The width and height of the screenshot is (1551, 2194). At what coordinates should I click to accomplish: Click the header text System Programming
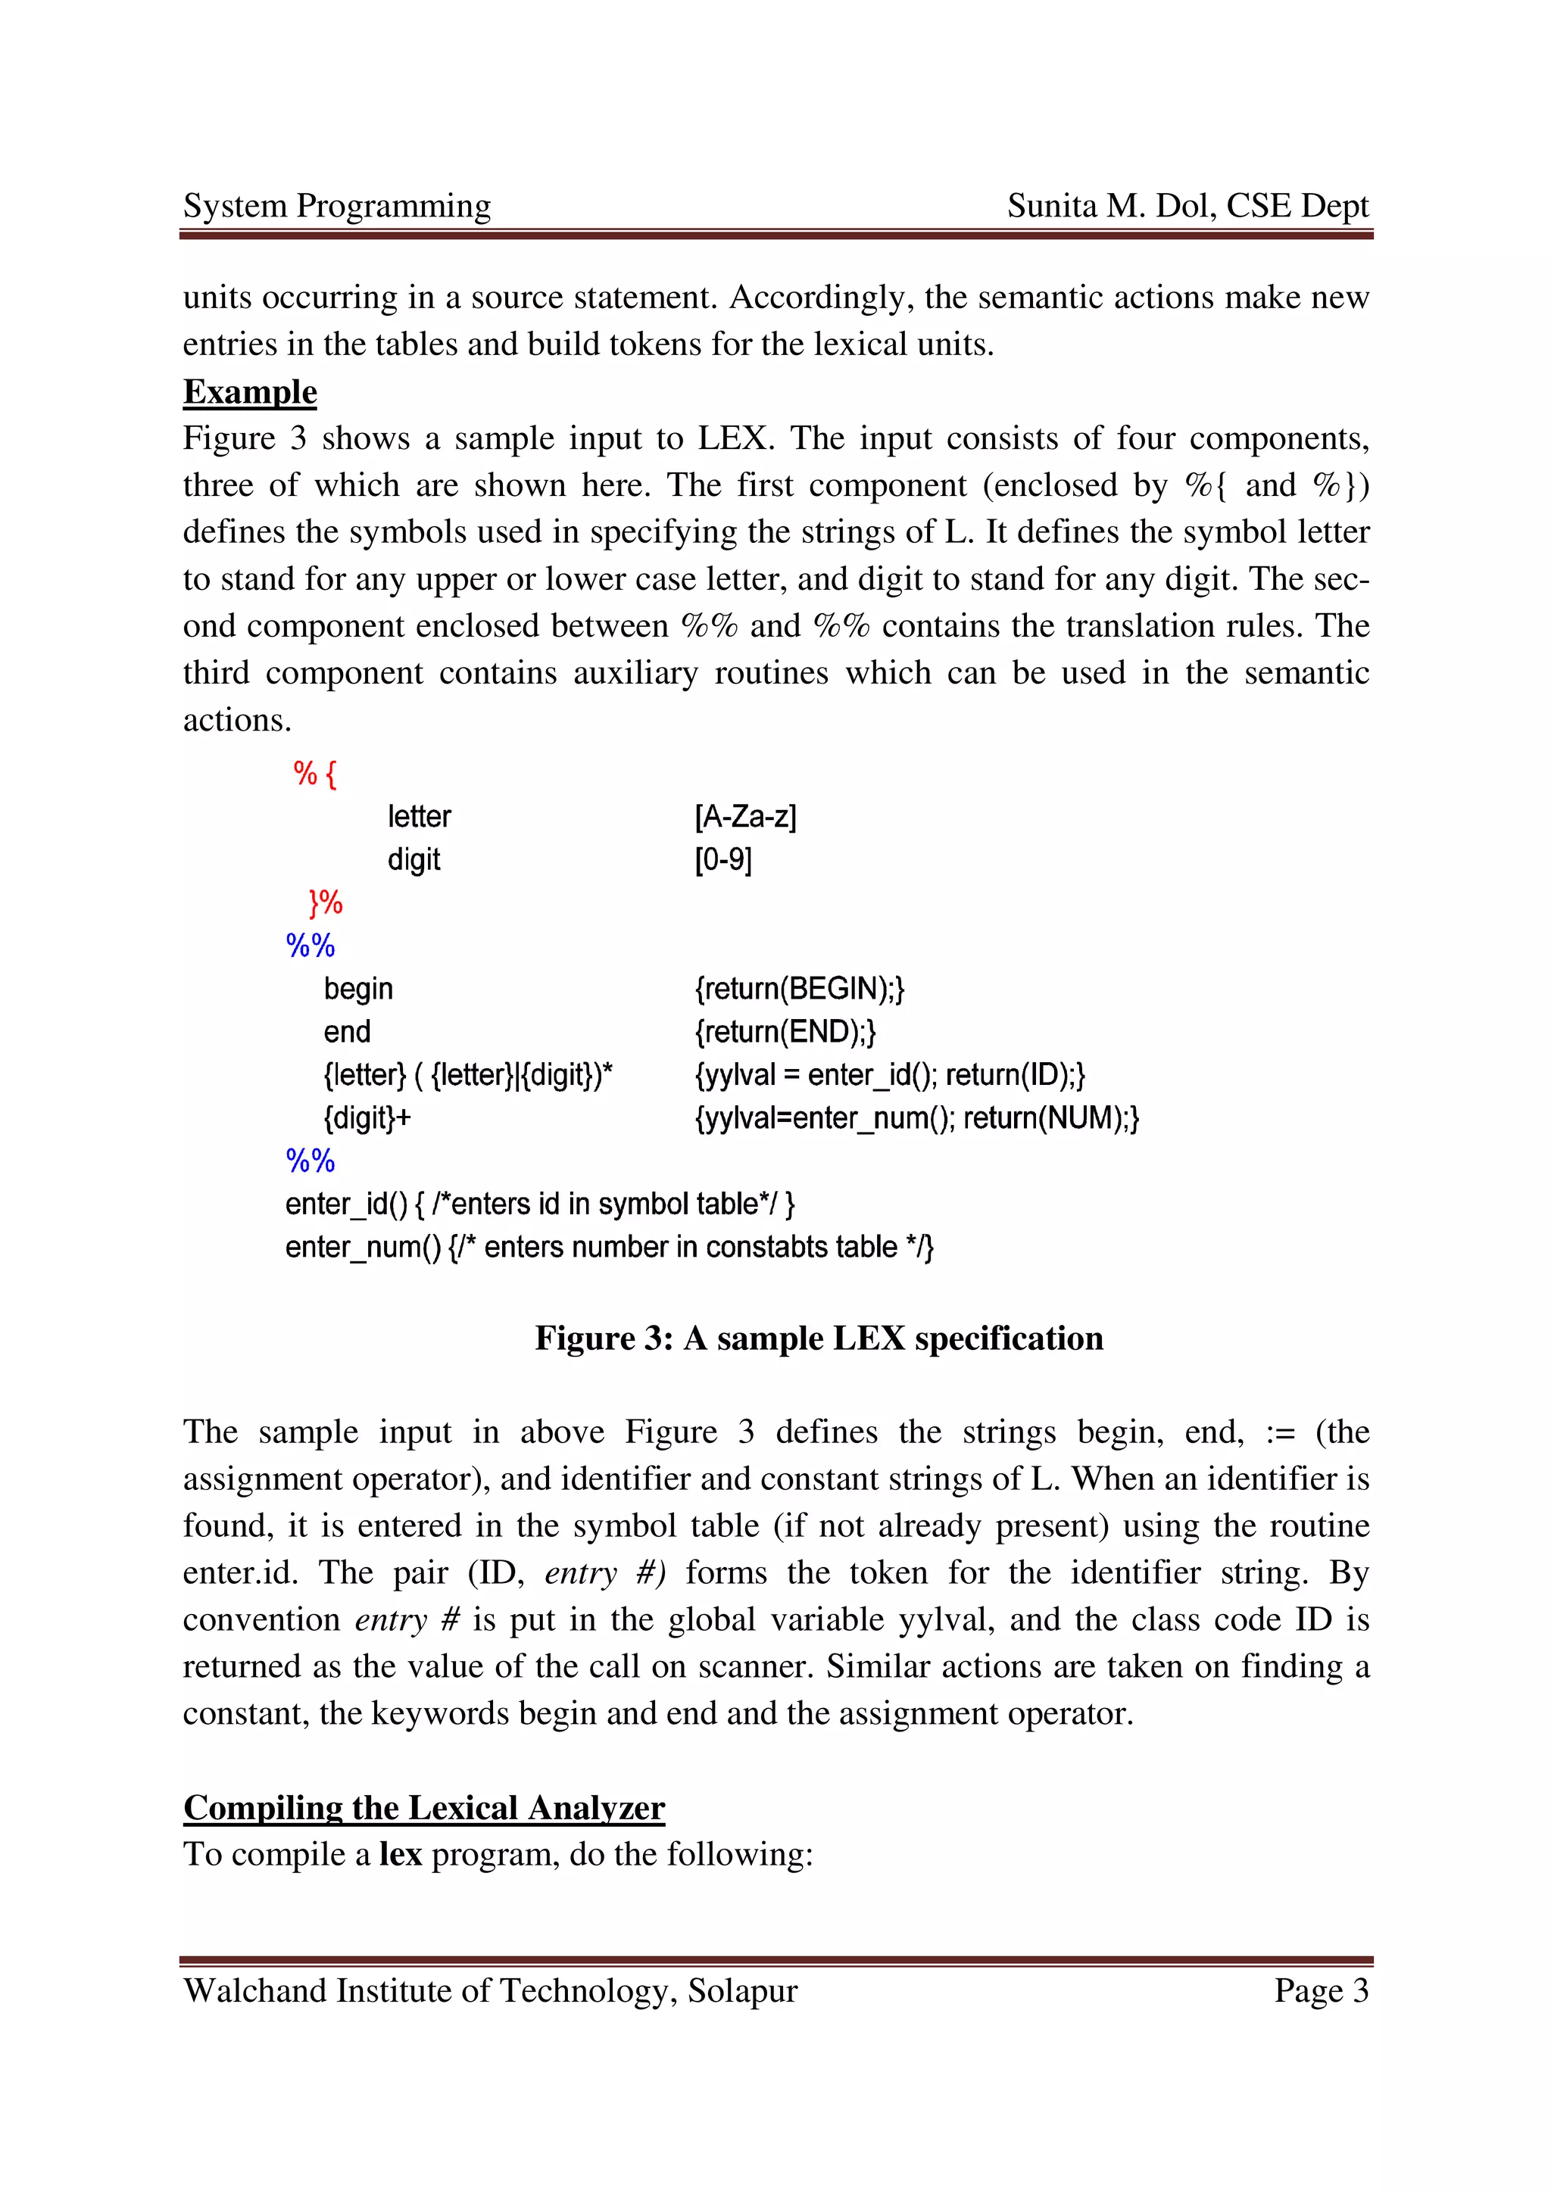click(336, 207)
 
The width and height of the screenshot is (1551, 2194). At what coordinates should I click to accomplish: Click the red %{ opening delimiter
click(314, 773)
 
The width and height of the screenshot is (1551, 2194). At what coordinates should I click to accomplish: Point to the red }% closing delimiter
click(325, 902)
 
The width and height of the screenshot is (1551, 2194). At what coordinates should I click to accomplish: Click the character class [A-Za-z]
click(745, 817)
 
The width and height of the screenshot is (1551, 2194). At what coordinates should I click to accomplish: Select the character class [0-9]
click(723, 860)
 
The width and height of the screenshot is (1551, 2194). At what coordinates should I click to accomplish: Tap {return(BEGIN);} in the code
click(799, 988)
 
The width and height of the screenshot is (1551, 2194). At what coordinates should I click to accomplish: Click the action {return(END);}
click(785, 1032)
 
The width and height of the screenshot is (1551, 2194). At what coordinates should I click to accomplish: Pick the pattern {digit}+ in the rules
click(367, 1118)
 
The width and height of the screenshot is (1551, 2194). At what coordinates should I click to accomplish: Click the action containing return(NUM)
click(916, 1118)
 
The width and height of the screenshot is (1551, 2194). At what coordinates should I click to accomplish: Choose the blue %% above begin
click(310, 946)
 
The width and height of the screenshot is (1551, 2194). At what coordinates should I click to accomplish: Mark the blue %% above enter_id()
click(310, 1161)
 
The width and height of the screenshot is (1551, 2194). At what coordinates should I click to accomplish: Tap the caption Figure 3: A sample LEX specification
click(818, 1339)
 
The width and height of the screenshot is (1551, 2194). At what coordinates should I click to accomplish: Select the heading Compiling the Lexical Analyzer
click(423, 1807)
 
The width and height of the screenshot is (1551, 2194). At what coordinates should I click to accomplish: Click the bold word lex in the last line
click(401, 1855)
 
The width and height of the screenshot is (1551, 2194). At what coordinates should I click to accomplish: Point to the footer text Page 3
click(1321, 1990)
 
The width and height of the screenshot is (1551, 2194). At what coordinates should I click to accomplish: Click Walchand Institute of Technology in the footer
click(430, 1990)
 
